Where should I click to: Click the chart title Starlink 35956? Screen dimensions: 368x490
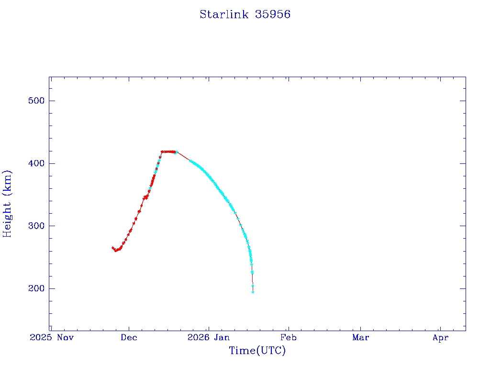click(245, 14)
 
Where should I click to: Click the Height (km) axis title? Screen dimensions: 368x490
click(7, 203)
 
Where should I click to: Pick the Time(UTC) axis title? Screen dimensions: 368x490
click(257, 351)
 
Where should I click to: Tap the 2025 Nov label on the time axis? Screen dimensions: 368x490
click(52, 338)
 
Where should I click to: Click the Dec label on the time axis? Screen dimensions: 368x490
click(129, 338)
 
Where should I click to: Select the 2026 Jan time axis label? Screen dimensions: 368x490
click(208, 338)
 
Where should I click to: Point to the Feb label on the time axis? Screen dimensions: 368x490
click(288, 338)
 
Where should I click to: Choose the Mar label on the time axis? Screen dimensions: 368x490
click(360, 338)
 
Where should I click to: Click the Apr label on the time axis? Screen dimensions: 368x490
click(440, 338)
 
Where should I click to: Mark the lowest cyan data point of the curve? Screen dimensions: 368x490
click(253, 292)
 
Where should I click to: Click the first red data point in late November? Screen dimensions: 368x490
click(112, 248)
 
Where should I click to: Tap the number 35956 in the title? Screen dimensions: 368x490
click(273, 14)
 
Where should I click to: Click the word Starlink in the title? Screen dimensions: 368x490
click(224, 14)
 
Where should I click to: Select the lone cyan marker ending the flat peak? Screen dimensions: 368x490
click(177, 152)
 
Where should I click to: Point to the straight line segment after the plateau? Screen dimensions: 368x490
click(183, 156)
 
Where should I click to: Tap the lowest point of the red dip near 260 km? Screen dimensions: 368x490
click(115, 251)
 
